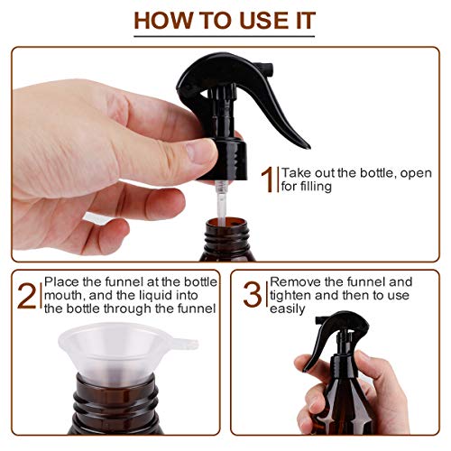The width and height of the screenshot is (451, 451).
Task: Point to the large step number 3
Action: coord(253,295)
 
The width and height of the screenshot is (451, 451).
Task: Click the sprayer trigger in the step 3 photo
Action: coord(319,347)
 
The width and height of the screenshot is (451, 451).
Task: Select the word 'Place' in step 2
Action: coord(62,282)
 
